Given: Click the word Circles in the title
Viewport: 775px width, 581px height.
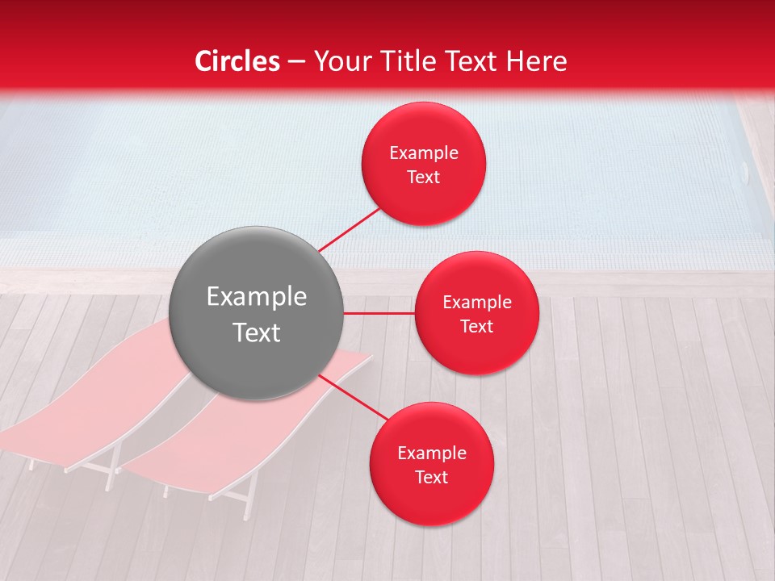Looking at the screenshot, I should (237, 61).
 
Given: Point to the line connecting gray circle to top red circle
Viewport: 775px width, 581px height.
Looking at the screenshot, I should (349, 229).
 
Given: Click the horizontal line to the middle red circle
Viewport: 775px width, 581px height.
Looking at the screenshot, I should (379, 313).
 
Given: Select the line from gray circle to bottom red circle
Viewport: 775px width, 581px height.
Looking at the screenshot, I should (353, 398).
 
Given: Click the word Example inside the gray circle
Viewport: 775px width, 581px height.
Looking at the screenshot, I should (256, 297).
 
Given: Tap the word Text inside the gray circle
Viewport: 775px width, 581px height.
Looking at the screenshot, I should (256, 332).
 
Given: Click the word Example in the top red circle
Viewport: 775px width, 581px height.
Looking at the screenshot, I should (423, 153).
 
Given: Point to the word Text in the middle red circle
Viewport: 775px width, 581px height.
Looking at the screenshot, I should (476, 326).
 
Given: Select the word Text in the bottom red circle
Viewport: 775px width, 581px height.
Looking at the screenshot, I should (431, 477).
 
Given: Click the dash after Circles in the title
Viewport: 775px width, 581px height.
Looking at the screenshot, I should (295, 62).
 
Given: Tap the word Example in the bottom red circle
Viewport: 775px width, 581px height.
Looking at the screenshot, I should (431, 454).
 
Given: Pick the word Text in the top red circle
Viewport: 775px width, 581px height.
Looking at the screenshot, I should (423, 177).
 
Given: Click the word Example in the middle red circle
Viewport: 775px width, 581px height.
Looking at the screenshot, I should (476, 303).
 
